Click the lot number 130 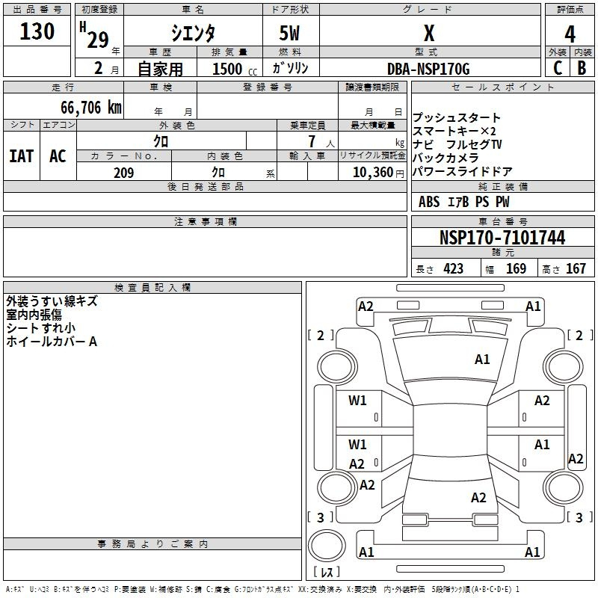37,31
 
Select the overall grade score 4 570,34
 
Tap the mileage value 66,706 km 91,108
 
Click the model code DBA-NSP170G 428,69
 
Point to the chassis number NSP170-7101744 502,238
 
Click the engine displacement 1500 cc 235,69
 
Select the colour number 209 123,173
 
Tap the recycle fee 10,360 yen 378,173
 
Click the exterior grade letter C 558,68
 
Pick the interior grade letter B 582,68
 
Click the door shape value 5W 289,33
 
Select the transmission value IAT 22,156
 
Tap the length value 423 453,268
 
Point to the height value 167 576,268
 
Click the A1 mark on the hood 482,360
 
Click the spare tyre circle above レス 327,546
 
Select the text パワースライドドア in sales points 462,172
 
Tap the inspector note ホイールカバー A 52,342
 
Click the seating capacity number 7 312,141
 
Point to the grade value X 429,34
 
